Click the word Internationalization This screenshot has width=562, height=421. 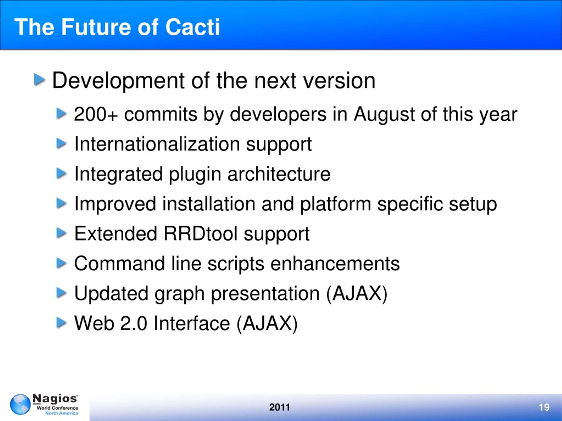(x=157, y=144)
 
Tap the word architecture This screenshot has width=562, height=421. (x=279, y=174)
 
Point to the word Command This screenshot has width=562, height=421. (x=119, y=263)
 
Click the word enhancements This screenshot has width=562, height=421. (x=335, y=263)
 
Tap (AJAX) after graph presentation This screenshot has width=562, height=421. (x=357, y=294)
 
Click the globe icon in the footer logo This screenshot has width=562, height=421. (x=20, y=404)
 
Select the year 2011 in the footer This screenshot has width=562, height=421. (x=279, y=407)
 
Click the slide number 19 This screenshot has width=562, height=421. (x=544, y=407)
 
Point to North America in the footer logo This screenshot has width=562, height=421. (x=61, y=413)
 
